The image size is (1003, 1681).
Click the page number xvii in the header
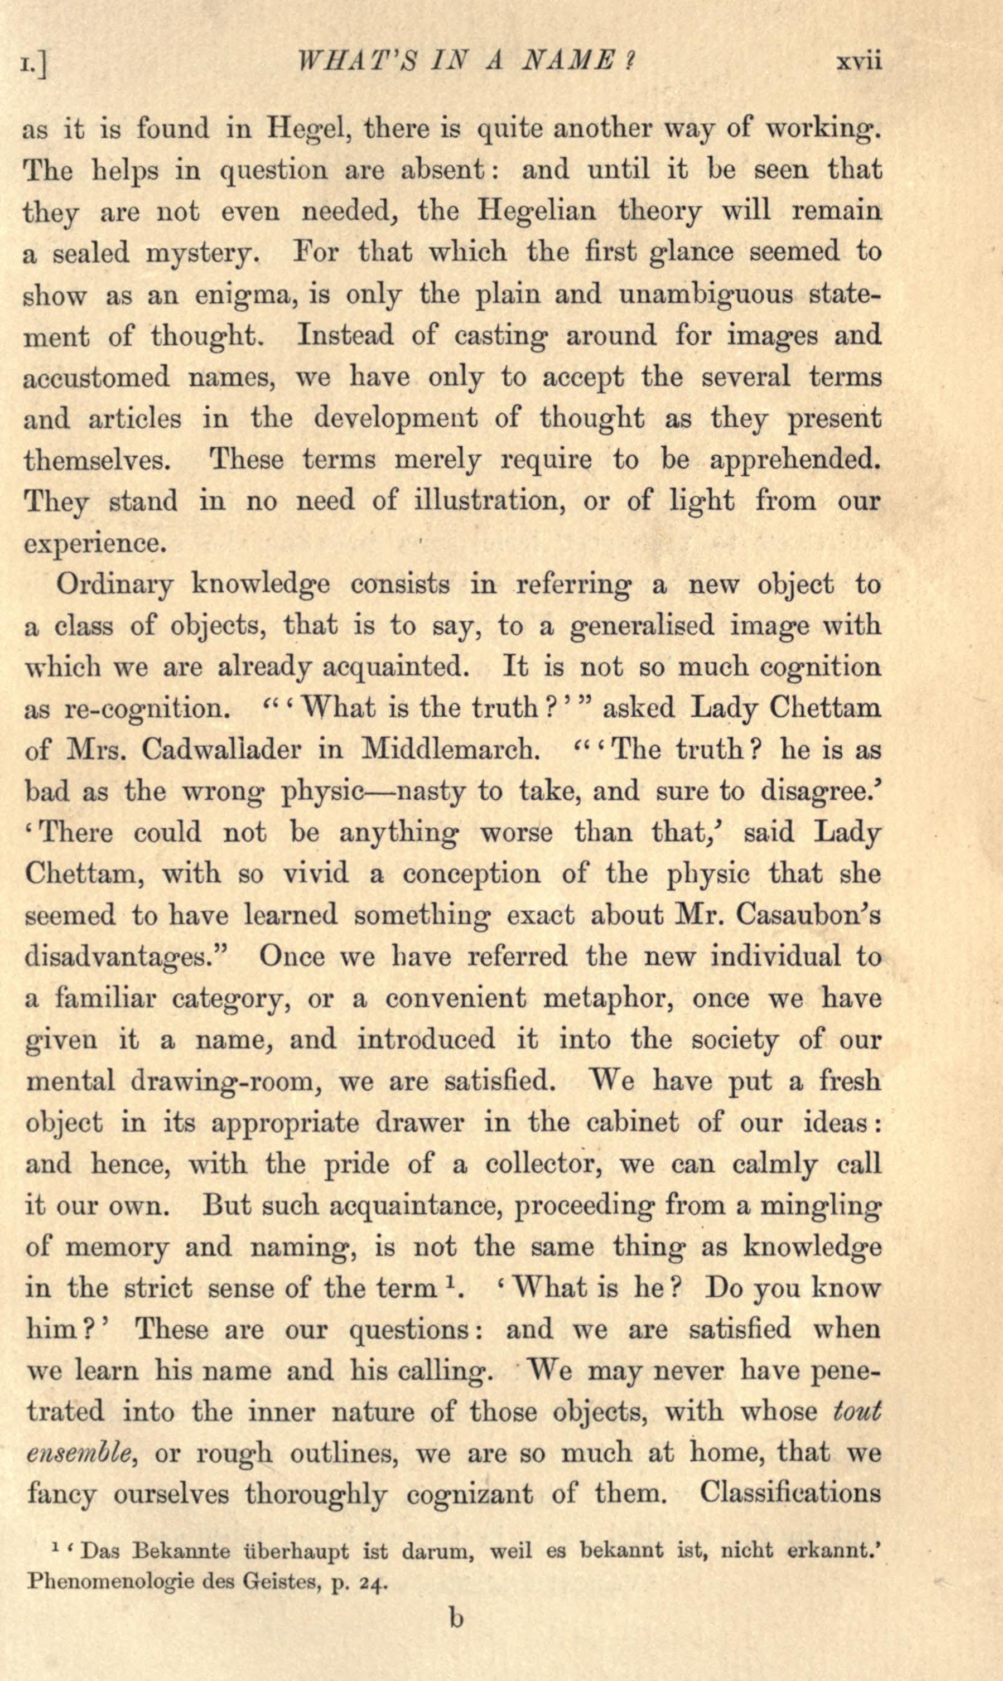[860, 62]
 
